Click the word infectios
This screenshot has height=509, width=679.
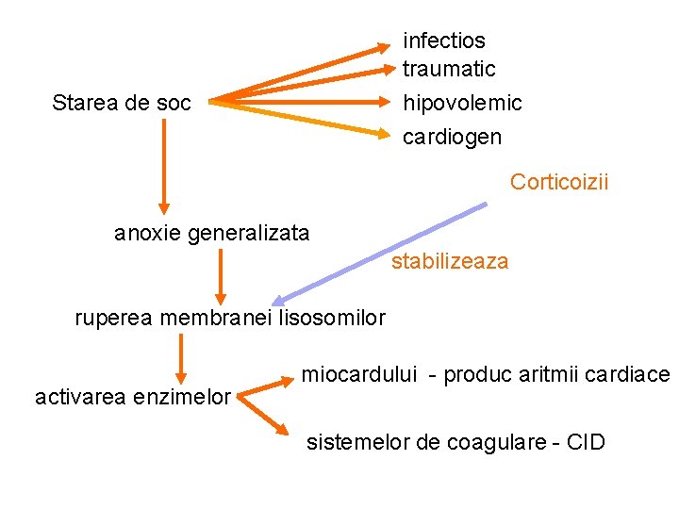click(x=444, y=41)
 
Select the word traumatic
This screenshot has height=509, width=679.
click(x=449, y=69)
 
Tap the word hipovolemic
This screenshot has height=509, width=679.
click(x=462, y=102)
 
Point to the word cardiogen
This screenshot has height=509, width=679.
click(x=453, y=137)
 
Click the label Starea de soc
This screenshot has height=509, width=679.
click(x=122, y=102)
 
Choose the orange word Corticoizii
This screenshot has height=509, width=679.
click(x=559, y=181)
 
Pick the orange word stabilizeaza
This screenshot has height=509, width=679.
click(x=450, y=261)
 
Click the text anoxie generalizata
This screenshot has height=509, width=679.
click(x=211, y=233)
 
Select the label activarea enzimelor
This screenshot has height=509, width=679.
click(x=133, y=397)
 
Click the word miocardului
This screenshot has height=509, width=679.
click(x=359, y=374)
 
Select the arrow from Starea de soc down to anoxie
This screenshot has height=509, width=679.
click(x=164, y=165)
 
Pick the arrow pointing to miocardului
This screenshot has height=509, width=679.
click(x=266, y=386)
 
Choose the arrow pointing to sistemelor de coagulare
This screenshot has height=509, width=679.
click(x=264, y=416)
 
